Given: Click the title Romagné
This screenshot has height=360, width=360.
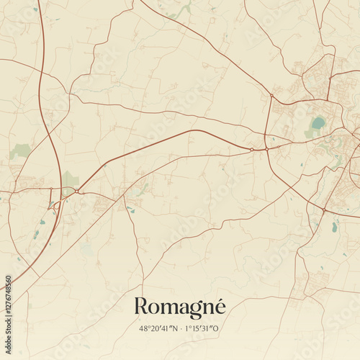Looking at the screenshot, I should click(180, 307).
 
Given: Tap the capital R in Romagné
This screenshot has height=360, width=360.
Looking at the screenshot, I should click(142, 306).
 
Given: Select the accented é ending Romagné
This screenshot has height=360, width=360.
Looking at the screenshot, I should click(219, 306).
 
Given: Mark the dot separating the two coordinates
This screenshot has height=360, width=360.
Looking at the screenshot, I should click(181, 328).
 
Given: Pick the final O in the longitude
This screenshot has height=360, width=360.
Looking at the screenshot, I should click(221, 328).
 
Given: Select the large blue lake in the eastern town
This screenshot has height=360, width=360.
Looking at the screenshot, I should click(318, 123).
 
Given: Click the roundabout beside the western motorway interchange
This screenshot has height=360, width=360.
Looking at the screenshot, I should click(77, 191).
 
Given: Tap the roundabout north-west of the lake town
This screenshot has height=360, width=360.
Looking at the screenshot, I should click(271, 95).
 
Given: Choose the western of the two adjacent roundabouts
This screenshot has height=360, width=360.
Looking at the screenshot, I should click(251, 149).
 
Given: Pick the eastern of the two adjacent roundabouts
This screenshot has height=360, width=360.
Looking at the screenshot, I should click(266, 149).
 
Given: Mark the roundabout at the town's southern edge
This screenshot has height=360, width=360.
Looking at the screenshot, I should click(324, 210).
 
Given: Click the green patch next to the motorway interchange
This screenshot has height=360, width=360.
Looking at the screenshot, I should click(69, 179).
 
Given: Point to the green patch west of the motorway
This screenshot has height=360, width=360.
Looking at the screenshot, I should click(20, 150).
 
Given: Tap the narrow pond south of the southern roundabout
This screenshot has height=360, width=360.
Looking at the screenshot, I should click(335, 226).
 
